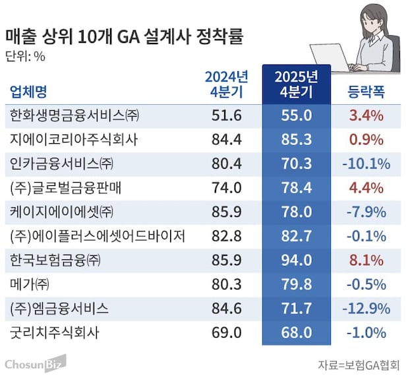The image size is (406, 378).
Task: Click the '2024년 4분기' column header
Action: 226,84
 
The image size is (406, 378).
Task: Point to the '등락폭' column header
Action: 366,90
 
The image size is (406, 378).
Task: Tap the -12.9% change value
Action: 365,308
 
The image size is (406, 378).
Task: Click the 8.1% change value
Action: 366,260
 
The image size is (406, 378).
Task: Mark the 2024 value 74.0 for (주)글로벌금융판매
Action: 226,188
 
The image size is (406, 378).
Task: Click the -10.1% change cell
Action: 365,164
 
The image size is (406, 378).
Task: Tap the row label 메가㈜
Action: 29,284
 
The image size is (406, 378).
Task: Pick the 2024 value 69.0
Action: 226,332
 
